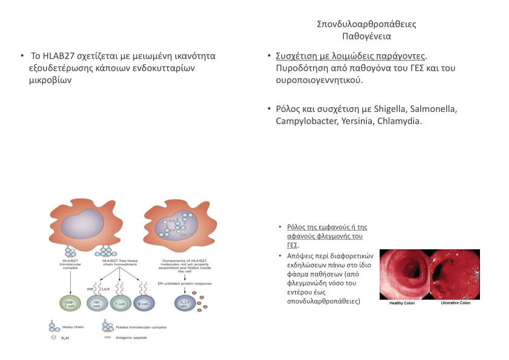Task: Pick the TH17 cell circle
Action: (x=183, y=303)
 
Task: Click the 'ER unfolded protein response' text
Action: (x=185, y=283)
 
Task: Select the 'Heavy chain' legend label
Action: (x=74, y=327)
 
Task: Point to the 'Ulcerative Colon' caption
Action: (x=456, y=303)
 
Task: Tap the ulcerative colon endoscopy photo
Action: (x=455, y=274)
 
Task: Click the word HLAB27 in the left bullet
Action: (x=59, y=56)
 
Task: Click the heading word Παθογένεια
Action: (x=366, y=36)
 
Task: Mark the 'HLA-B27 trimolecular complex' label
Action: (x=71, y=264)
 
